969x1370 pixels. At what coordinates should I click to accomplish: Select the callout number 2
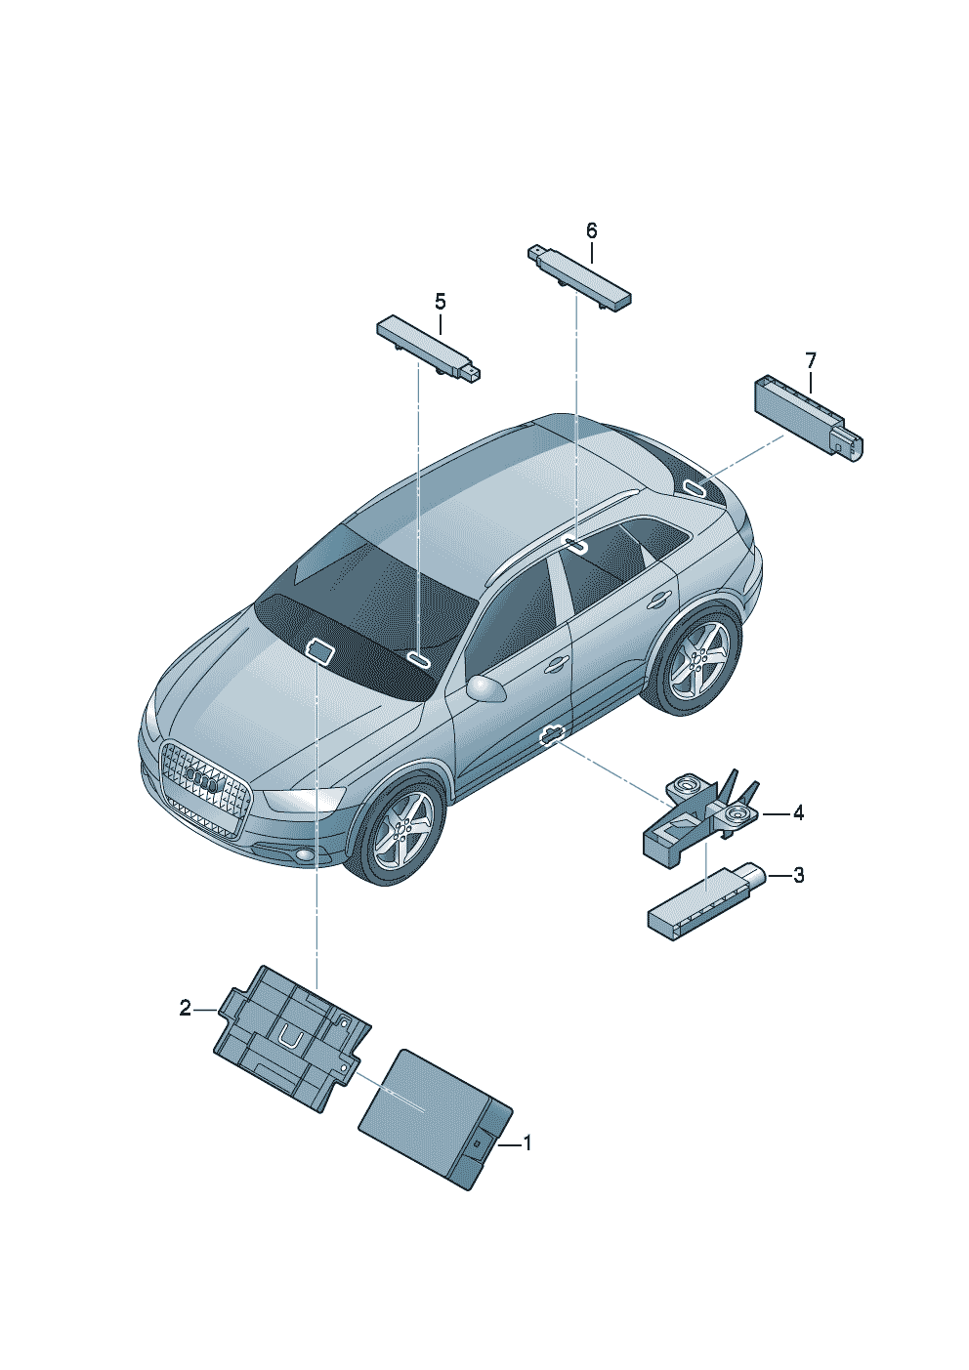[x=186, y=1008]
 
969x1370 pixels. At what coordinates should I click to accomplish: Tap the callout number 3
[x=798, y=875]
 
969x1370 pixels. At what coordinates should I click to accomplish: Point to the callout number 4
[x=798, y=813]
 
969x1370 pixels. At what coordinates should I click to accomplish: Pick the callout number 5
[x=441, y=302]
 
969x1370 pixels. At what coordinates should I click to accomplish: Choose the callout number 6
[x=591, y=230]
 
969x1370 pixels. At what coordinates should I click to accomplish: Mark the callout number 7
[x=810, y=361]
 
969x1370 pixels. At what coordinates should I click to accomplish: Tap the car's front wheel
[x=400, y=832]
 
